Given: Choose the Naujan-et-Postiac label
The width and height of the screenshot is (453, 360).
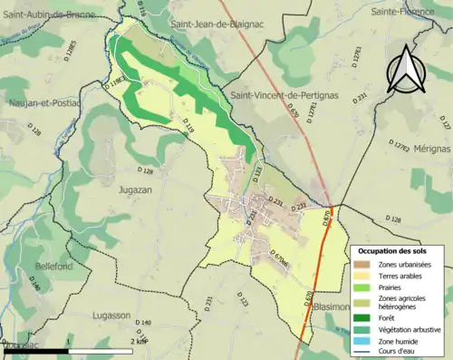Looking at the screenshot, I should [41, 103].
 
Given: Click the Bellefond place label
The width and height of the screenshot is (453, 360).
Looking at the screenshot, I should [33, 267].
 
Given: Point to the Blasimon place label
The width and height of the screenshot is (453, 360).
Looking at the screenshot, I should [331, 307].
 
